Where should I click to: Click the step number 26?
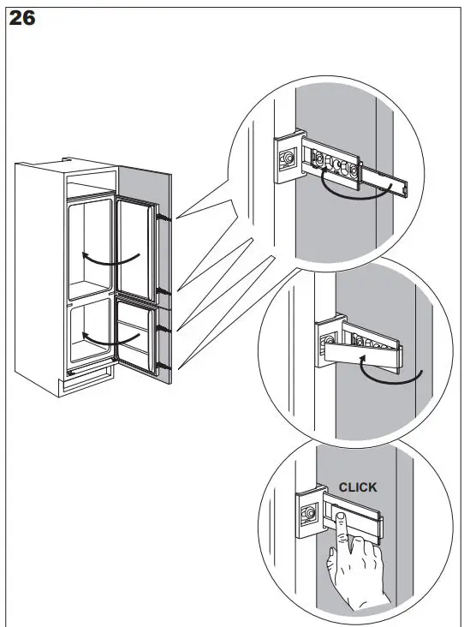pos(22,18)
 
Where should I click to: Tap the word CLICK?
pos(357,487)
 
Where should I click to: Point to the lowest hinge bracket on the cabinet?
pos(162,366)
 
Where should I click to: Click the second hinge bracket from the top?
pos(163,294)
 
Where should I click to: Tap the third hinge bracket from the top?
pos(162,327)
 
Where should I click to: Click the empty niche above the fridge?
pos(90,182)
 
